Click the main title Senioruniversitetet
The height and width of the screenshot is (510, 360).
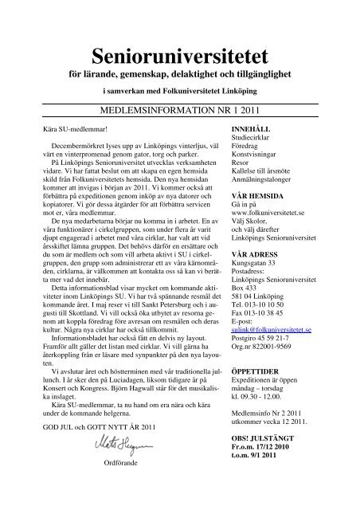pyautogui.click(x=180, y=54)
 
